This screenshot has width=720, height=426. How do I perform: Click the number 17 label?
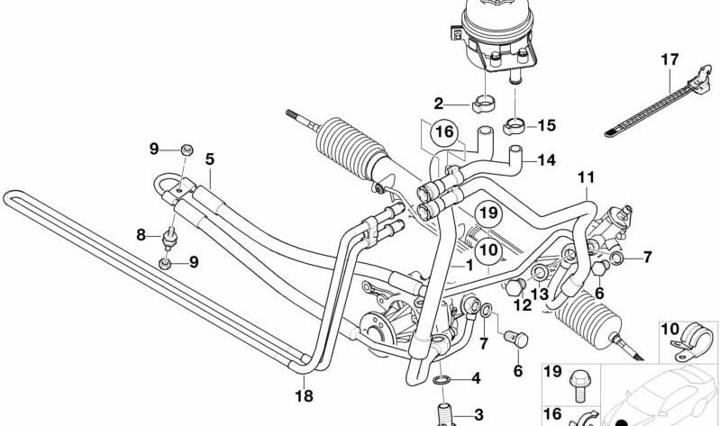tap(668, 60)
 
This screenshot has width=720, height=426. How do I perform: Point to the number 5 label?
tap(208, 159)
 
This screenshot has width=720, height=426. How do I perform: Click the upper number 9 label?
tap(154, 149)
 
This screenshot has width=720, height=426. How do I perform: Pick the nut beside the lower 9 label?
tap(164, 263)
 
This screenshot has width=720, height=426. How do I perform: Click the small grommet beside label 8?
tap(169, 239)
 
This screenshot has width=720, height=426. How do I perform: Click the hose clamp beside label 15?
tap(514, 124)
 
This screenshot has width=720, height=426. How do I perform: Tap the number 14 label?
tap(546, 161)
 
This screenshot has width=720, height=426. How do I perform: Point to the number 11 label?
tap(587, 177)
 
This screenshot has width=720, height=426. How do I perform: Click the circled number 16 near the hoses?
tap(442, 133)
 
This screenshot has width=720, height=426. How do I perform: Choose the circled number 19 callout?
tap(488, 213)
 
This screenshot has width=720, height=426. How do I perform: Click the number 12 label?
tap(522, 305)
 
